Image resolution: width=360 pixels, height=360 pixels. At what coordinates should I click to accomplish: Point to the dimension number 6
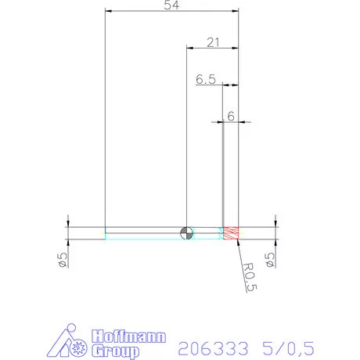click(x=231, y=115)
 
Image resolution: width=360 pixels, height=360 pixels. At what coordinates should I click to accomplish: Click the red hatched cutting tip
click(x=231, y=232)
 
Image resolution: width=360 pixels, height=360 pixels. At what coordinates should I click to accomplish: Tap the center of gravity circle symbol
click(x=185, y=232)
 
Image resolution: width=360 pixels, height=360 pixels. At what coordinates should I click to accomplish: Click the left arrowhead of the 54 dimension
click(x=109, y=12)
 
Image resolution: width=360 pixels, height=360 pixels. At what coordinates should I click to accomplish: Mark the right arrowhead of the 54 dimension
click(x=235, y=12)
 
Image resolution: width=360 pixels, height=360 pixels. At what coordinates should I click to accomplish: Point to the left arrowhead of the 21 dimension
click(x=189, y=48)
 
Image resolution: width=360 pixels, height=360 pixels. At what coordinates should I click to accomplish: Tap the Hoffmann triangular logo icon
click(x=75, y=342)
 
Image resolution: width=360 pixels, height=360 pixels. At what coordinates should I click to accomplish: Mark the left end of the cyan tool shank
click(x=106, y=232)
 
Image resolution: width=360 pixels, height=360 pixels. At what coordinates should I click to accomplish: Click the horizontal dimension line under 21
click(x=211, y=48)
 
